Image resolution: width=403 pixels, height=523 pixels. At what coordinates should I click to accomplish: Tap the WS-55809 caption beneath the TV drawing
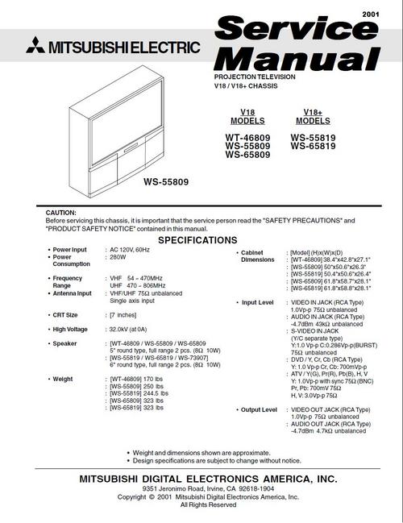166,183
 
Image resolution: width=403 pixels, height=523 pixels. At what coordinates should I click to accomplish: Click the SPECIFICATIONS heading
197,240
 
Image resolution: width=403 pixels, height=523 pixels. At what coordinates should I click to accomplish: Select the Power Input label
73,251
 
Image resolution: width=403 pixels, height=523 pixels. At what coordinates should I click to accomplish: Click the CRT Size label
69,314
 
